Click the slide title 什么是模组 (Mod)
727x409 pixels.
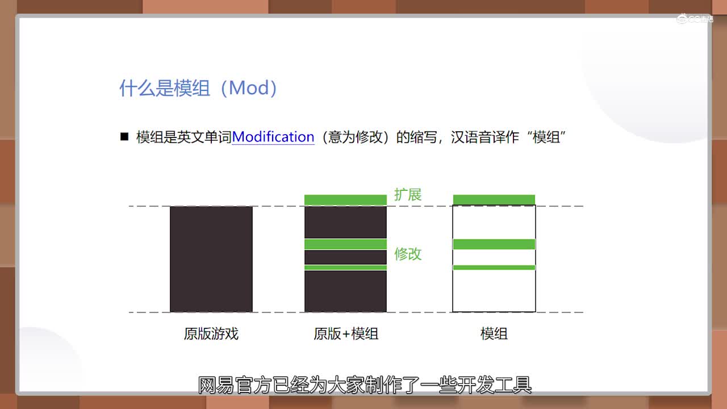(199, 88)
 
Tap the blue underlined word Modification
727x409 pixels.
(273, 137)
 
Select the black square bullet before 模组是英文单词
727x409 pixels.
(124, 136)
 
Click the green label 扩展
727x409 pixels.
(408, 195)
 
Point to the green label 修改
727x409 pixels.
(408, 254)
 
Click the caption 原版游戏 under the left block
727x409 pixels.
(211, 333)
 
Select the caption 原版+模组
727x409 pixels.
(346, 333)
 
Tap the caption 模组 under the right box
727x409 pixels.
(494, 333)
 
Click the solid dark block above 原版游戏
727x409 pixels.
(211, 259)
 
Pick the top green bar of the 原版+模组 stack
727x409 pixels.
(346, 200)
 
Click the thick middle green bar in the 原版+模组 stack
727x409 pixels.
(346, 244)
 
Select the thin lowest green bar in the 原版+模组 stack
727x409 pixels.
(346, 268)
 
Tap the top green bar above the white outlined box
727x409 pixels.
(494, 199)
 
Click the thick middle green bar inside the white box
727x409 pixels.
(494, 244)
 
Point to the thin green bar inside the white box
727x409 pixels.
(494, 268)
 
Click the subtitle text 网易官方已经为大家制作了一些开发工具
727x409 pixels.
(365, 385)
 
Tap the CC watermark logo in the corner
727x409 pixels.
(695, 19)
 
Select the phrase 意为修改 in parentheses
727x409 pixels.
(355, 137)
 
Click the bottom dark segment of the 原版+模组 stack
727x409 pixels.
(346, 291)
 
